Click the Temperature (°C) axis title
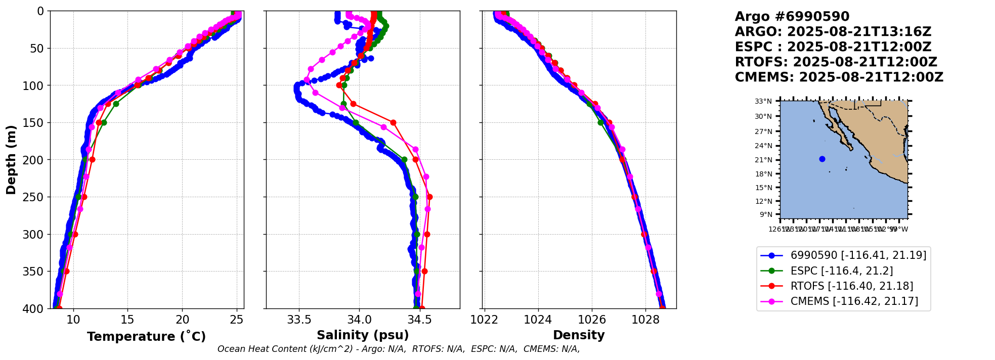(x=146, y=337)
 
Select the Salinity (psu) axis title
(x=363, y=335)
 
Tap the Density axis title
(x=579, y=335)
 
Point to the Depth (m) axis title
(x=11, y=159)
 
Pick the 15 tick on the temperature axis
(x=127, y=320)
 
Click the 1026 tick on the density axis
(x=591, y=320)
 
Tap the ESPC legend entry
(x=841, y=271)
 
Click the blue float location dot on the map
(x=822, y=159)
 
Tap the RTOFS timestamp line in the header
(x=836, y=62)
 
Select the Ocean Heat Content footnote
(x=399, y=349)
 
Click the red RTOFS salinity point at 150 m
(x=393, y=122)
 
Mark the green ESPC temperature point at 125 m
(x=116, y=104)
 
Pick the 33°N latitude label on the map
(x=764, y=101)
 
